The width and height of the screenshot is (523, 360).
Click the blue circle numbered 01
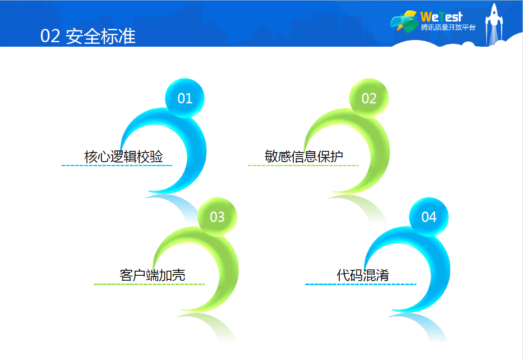[x=185, y=98]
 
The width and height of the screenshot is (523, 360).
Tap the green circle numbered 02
[x=369, y=98]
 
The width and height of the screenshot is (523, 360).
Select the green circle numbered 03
[x=217, y=217]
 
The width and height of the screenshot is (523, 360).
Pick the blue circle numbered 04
[x=429, y=217]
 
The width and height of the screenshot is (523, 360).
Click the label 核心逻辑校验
[x=124, y=156]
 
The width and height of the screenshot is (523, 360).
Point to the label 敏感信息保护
[x=304, y=156]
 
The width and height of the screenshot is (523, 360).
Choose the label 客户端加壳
[x=152, y=275]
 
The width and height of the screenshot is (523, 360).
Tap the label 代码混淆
[x=363, y=275]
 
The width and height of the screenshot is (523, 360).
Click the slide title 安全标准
[x=101, y=36]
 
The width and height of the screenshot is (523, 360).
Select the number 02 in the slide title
[x=50, y=36]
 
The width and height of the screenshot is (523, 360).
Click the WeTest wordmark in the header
[x=442, y=17]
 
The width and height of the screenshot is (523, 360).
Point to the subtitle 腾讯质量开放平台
[x=448, y=27]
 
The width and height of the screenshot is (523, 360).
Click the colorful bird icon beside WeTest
[x=404, y=21]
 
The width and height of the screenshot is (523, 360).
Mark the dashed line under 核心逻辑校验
[x=117, y=165]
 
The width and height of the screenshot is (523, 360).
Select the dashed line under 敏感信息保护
[x=303, y=165]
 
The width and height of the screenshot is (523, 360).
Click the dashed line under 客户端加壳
[x=149, y=284]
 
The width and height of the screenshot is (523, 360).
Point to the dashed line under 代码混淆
[x=361, y=284]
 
